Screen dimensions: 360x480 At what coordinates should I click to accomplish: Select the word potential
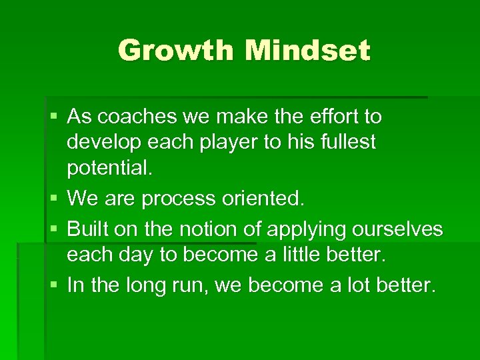(109, 168)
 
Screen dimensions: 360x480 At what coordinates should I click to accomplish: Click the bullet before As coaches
(53, 118)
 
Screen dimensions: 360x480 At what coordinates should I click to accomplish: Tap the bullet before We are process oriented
(53, 199)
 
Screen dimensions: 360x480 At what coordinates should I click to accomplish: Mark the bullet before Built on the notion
(53, 229)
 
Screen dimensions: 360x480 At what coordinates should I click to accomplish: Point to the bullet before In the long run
(53, 286)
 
